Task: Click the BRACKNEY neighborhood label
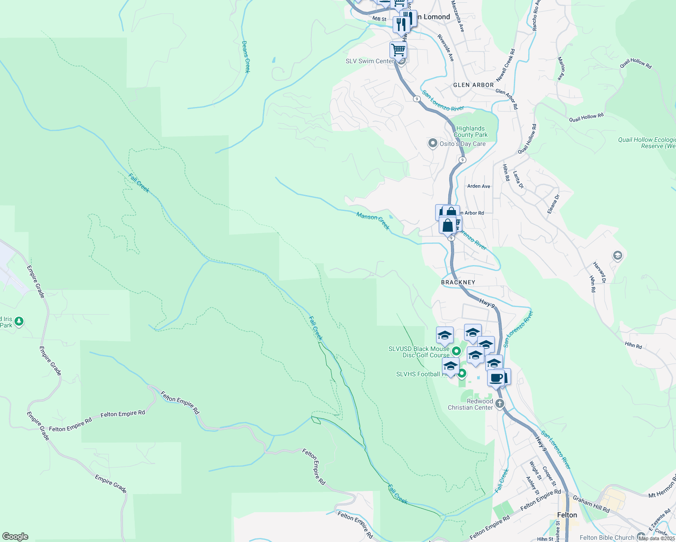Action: coord(458,282)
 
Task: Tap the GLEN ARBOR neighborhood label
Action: coord(473,85)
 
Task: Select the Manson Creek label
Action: coord(373,221)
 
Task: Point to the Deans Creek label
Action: coord(246,56)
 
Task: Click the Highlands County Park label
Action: coord(470,132)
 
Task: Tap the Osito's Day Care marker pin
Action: coord(432,143)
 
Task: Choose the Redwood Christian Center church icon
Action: coord(499,403)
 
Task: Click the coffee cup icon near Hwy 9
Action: coord(496,377)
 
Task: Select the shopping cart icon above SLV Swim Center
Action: coord(398,49)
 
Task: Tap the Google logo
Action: coord(15,537)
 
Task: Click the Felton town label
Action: coord(567,515)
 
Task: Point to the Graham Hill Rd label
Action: coord(591,505)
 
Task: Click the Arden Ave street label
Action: coord(479,186)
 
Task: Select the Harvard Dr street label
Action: coord(600,272)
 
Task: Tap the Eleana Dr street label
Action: coord(553,204)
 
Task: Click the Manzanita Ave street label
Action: coord(457,16)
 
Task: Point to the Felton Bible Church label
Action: coord(607,537)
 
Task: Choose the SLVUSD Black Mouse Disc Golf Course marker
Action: coord(456,351)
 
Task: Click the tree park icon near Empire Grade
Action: coord(19,322)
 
